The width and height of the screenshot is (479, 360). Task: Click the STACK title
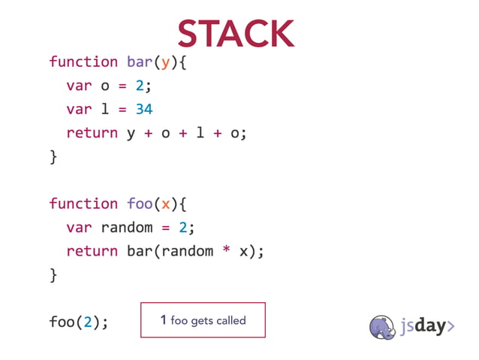coord(236,34)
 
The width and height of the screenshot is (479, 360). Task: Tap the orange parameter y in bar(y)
coord(166,62)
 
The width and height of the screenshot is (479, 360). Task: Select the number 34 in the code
coord(144,109)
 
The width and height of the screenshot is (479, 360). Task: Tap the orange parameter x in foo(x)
coord(166,204)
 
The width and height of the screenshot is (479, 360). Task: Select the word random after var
coord(127,228)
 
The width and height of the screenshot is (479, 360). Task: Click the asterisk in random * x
coord(225,251)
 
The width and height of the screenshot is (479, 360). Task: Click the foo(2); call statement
coord(79,322)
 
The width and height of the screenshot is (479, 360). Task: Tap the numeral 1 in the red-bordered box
coord(163,321)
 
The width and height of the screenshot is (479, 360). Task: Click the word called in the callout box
coord(231,321)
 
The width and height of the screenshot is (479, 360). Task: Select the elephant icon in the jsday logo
coord(383,326)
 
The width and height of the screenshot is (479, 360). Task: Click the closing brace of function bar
coord(53,156)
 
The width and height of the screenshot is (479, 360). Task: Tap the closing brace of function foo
coord(53,275)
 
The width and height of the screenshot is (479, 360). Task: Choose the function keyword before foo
coord(83,204)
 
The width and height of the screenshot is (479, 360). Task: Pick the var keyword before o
coord(79,86)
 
